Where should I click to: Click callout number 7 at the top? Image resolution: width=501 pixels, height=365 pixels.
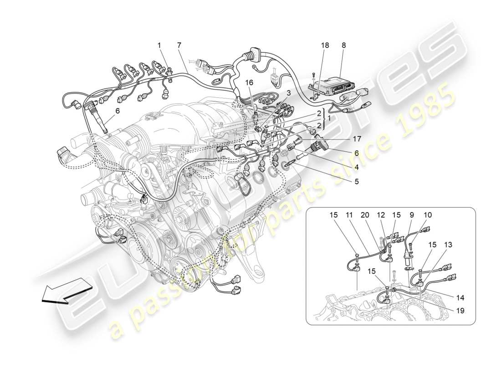point(179,45)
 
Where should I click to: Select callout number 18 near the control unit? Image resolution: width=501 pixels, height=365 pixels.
point(325,45)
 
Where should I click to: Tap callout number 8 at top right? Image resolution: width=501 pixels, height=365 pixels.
point(343,45)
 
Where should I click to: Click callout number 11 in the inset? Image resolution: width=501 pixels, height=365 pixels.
point(348,215)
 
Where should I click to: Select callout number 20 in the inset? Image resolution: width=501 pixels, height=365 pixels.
point(364,215)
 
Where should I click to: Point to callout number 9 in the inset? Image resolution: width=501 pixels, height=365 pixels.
point(411,215)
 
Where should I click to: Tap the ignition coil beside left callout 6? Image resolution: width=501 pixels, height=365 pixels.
point(97,118)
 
